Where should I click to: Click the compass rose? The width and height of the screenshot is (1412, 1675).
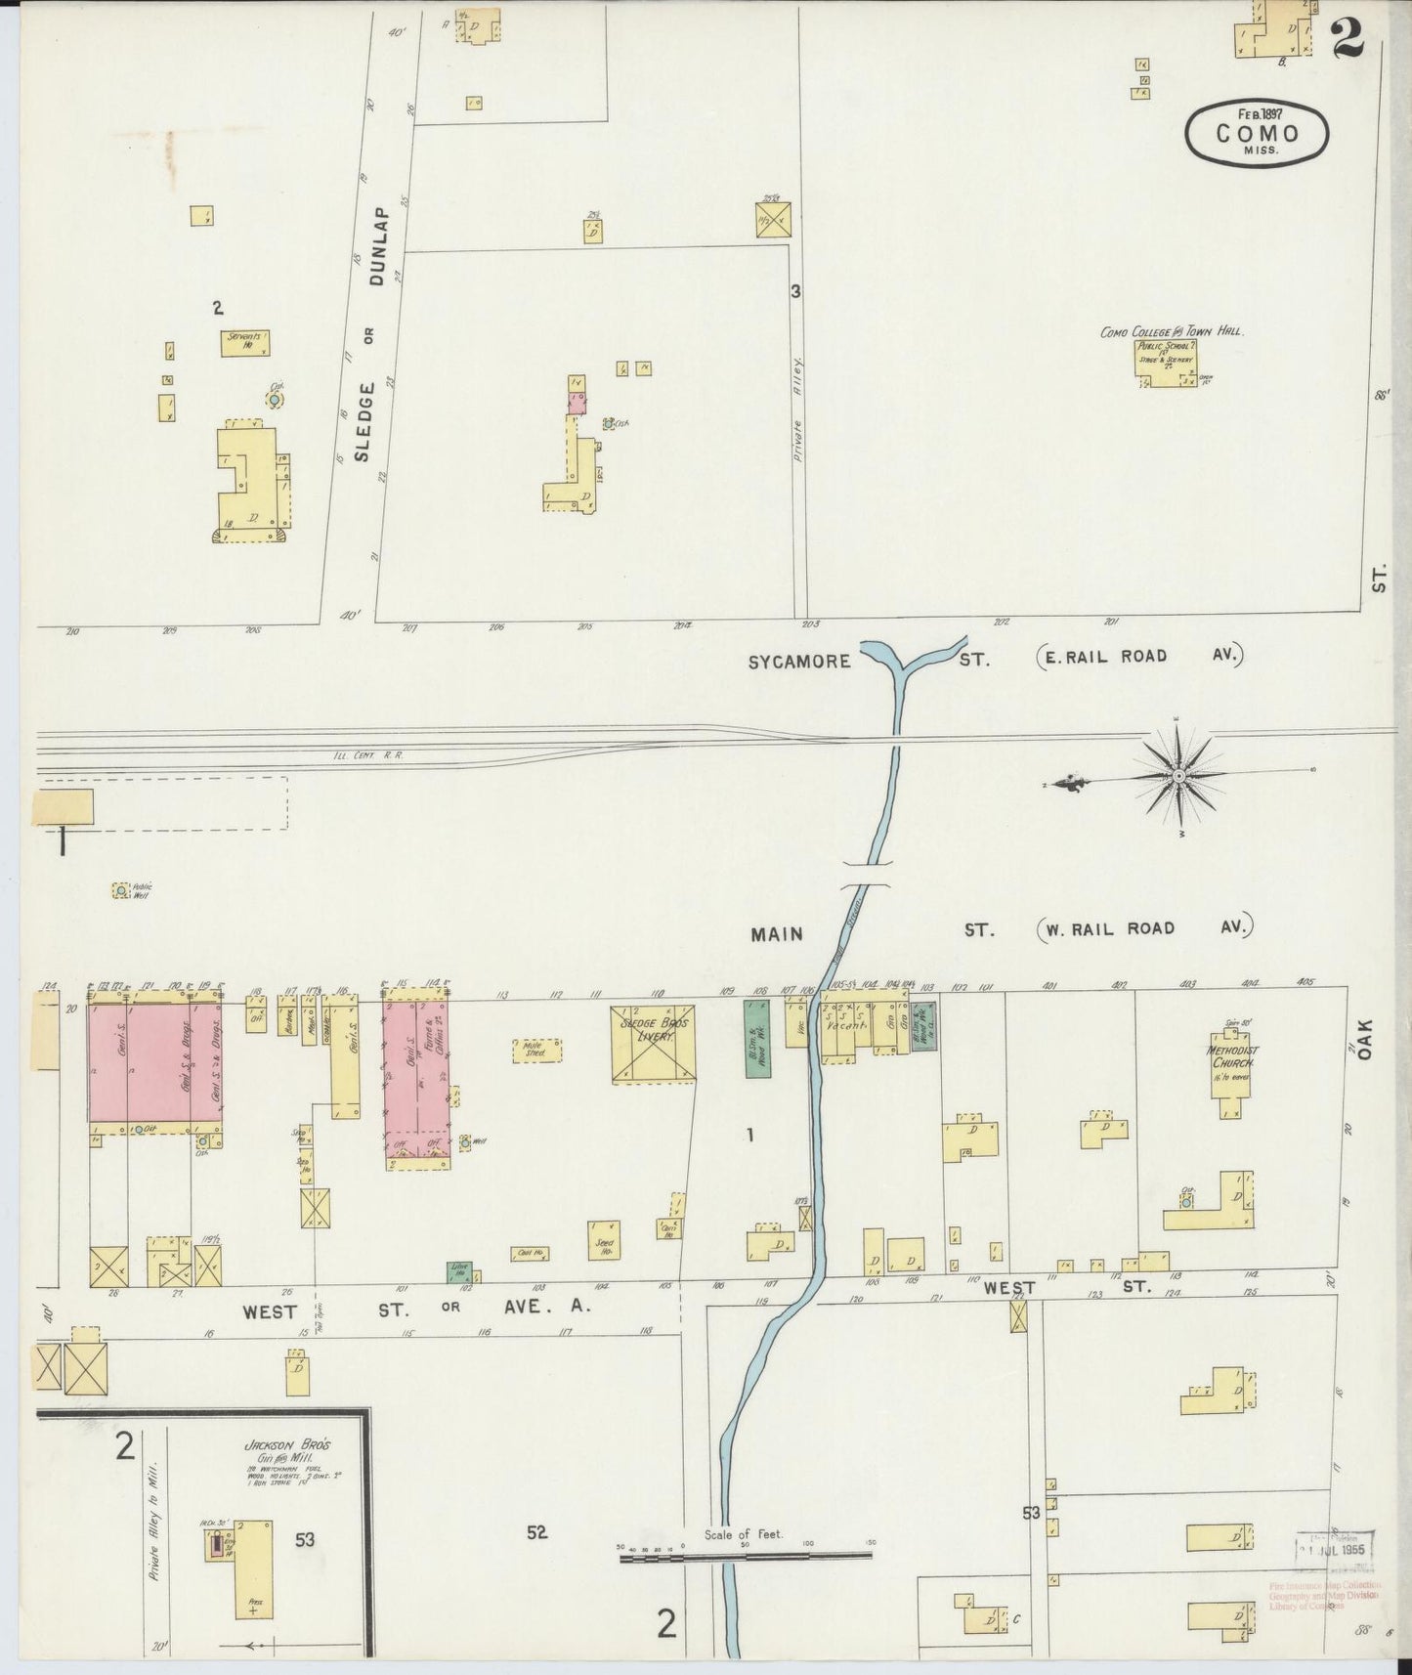(x=1178, y=775)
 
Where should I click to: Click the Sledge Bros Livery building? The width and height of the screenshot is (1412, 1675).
(x=654, y=1043)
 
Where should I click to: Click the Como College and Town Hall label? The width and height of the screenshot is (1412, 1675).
(x=1171, y=332)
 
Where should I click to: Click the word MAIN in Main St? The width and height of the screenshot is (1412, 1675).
(x=777, y=934)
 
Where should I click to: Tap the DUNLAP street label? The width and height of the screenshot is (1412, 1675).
(x=380, y=238)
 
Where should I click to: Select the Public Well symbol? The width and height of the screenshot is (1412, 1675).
(x=120, y=890)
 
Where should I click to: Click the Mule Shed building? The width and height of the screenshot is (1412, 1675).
(x=535, y=1051)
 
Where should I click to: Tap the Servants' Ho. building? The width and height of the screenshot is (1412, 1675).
(x=244, y=343)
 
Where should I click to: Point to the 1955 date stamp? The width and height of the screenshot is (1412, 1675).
(x=1335, y=1549)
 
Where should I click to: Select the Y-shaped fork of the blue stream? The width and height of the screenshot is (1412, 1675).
(x=896, y=669)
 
